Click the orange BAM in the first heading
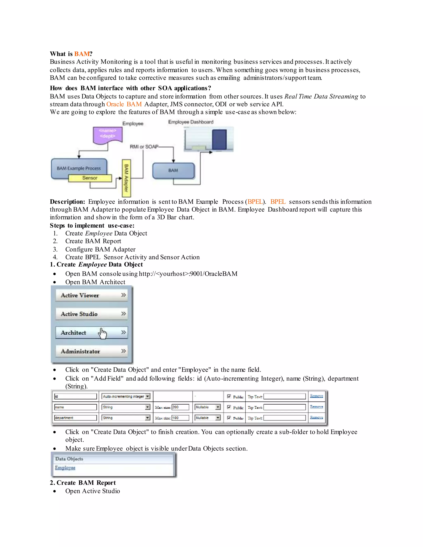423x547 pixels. [82, 54]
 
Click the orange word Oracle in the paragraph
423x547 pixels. [115, 104]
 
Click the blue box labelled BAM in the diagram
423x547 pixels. [173, 170]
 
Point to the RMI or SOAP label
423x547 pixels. [144, 147]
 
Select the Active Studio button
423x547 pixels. [91, 314]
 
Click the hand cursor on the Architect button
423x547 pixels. [102, 333]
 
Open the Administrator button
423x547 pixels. [91, 351]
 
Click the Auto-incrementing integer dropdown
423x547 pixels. [126, 397]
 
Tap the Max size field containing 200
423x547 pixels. [180, 407]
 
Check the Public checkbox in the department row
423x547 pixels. [229, 418]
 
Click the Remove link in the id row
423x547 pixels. [316, 396]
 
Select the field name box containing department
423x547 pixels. [75, 418]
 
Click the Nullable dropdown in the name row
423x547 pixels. [208, 407]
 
